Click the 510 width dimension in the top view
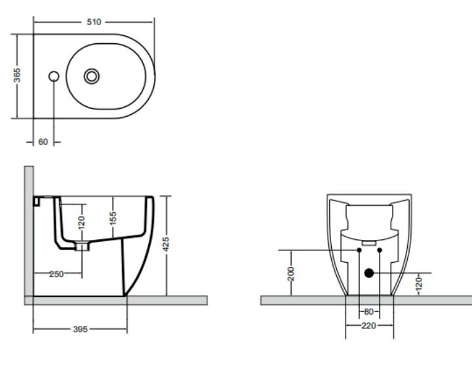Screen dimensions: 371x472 94,22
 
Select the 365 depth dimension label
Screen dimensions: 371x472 18,76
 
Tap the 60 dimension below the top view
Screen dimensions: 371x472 43,142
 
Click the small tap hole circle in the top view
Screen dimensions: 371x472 54,76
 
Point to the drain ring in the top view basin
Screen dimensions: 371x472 92,76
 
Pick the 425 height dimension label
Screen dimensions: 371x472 167,244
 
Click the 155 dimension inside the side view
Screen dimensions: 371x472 113,216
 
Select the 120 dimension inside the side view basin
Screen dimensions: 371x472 82,223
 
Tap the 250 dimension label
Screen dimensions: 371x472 56,274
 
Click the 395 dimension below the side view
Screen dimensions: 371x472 79,328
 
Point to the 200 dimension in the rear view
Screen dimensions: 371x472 292,273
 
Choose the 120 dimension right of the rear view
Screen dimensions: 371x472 419,283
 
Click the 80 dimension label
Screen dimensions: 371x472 369,311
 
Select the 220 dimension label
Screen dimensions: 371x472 369,326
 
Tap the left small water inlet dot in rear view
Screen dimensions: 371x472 359,250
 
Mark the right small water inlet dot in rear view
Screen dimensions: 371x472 380,250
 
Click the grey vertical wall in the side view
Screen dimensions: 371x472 29,229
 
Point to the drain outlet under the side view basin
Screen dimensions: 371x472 82,247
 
